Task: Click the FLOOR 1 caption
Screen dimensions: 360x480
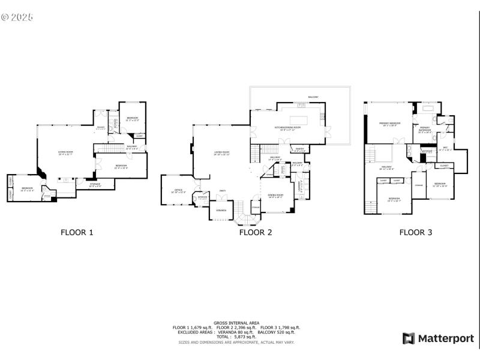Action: point(77,232)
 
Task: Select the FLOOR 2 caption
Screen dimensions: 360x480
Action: point(256,232)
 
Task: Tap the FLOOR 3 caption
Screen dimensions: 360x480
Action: point(416,232)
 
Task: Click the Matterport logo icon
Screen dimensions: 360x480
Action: point(409,338)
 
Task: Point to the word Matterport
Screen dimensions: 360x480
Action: point(445,338)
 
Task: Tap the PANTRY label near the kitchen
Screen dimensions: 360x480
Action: point(299,150)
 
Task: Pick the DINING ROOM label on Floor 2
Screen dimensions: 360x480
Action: point(275,196)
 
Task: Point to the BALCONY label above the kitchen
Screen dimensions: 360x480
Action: point(313,97)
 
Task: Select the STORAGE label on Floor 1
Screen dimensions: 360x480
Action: point(95,184)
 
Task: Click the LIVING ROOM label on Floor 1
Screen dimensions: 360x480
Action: point(65,152)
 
